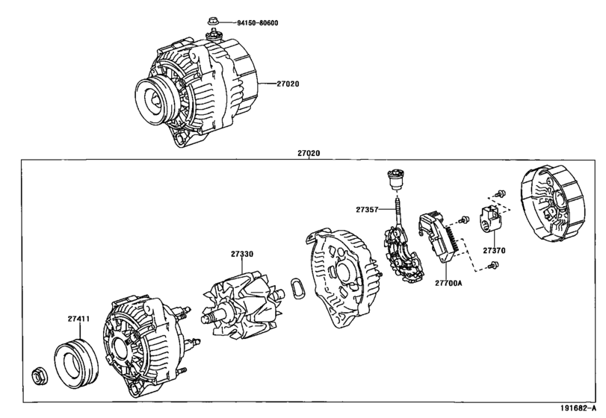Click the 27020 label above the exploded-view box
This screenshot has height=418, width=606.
tap(309, 154)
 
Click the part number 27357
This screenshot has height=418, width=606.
tap(368, 210)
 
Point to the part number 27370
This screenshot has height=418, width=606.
tap(493, 251)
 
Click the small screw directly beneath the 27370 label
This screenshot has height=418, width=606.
tap(491, 266)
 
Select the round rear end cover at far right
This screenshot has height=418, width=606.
tap(551, 206)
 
